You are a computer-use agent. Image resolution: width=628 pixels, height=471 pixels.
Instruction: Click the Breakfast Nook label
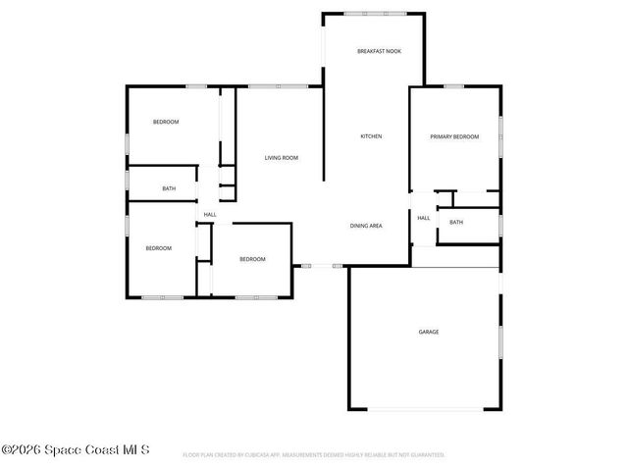click(378, 51)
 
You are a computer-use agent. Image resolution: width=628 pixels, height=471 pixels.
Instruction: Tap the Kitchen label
click(371, 136)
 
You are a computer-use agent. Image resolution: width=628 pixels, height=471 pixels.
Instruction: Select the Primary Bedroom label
click(454, 136)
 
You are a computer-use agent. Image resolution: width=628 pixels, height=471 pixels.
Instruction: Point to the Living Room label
click(282, 158)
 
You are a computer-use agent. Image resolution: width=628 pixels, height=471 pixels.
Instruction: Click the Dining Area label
click(366, 226)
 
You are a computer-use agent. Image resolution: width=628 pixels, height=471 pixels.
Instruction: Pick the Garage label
click(429, 332)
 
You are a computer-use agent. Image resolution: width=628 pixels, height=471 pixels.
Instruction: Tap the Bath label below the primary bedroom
click(456, 223)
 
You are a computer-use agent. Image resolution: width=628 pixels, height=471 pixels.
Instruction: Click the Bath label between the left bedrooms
click(169, 188)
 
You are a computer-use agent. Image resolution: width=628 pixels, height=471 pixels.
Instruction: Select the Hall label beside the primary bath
click(424, 218)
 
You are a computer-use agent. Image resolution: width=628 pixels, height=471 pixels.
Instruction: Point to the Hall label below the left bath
click(210, 215)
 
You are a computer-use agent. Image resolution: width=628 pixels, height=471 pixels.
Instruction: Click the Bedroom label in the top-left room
click(166, 122)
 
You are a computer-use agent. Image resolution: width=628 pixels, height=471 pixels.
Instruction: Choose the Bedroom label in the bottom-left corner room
click(159, 248)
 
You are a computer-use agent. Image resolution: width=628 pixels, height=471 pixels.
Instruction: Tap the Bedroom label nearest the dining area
click(253, 259)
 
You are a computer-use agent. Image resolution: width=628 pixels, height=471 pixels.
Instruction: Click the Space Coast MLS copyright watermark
click(76, 450)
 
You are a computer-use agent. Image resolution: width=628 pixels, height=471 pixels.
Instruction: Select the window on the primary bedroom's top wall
click(453, 86)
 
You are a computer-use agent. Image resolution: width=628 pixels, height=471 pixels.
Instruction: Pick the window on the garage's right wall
click(500, 344)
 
